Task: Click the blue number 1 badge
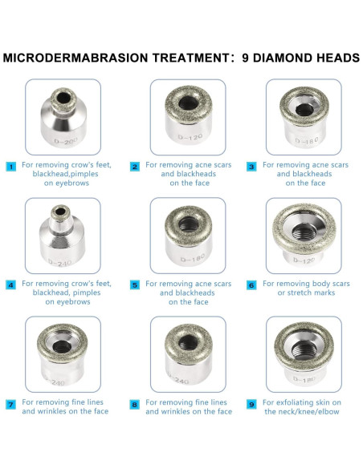[x=10, y=167]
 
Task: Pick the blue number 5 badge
[x=135, y=284]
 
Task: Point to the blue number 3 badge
[x=251, y=167]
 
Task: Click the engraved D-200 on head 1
[x=60, y=142]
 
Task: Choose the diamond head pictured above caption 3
[x=303, y=116]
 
